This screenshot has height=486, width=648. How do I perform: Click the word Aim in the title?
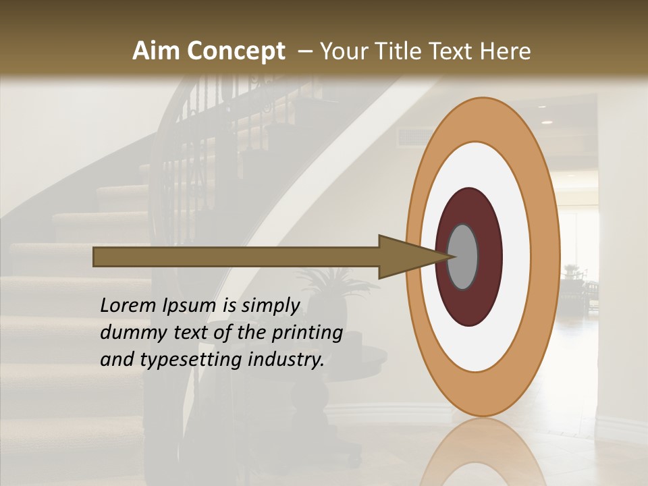[157, 51]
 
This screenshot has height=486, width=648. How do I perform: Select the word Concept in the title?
[236, 51]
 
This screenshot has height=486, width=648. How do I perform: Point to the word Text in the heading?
[454, 51]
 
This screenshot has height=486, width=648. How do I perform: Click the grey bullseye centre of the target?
[463, 256]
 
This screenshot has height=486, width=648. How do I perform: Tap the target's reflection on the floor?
[483, 452]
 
